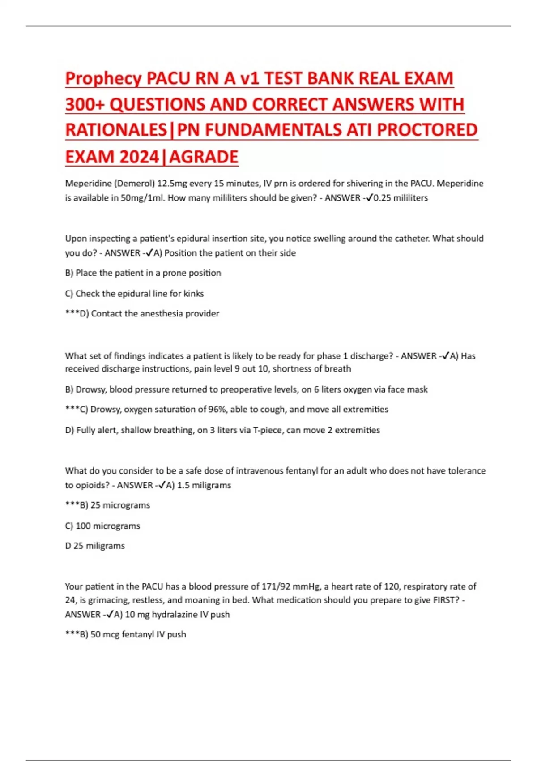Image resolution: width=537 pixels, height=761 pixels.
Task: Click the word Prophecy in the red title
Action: (x=103, y=79)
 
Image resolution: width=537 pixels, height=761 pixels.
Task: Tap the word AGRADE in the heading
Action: (x=204, y=157)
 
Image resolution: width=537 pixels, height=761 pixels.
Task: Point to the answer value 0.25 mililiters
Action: (x=401, y=198)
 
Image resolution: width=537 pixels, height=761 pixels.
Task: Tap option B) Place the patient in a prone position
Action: (x=143, y=273)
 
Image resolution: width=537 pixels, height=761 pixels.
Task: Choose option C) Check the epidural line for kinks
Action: (x=134, y=294)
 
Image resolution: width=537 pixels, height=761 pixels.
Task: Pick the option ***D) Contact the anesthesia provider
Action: (x=142, y=314)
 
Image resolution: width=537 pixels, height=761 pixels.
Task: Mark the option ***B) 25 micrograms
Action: (x=107, y=505)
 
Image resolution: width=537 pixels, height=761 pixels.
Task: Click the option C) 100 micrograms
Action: (x=102, y=526)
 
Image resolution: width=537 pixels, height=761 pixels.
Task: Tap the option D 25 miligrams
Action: (x=95, y=546)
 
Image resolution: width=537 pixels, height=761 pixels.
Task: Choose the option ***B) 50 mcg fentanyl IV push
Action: (x=125, y=634)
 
